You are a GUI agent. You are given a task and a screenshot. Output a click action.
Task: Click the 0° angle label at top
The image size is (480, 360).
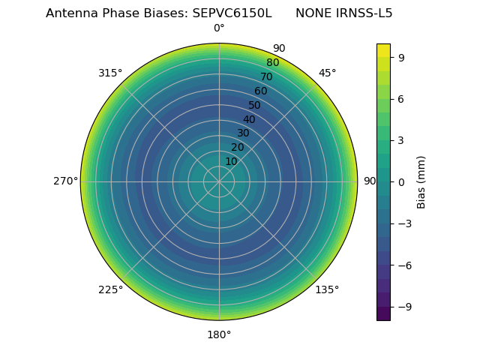(x=219, y=28)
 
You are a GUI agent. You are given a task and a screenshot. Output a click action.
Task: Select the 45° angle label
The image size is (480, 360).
(x=327, y=73)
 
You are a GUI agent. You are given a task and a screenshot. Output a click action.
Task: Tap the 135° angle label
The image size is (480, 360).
(x=327, y=289)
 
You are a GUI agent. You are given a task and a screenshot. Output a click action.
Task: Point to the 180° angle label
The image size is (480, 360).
(x=219, y=334)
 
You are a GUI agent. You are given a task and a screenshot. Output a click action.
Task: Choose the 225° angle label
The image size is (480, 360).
(x=110, y=289)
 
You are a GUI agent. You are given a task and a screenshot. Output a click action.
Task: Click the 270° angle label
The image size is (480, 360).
(x=65, y=181)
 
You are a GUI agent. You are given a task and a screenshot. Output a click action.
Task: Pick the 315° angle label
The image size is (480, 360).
(x=110, y=73)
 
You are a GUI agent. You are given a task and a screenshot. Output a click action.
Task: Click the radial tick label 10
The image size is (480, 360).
(x=231, y=161)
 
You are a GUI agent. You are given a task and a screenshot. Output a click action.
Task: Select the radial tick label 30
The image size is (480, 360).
(x=243, y=133)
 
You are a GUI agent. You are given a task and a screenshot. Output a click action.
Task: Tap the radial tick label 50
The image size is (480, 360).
(x=255, y=106)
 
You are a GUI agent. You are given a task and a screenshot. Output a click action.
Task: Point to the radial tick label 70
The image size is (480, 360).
(x=266, y=77)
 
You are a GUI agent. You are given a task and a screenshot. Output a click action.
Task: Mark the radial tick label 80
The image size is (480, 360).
(x=272, y=63)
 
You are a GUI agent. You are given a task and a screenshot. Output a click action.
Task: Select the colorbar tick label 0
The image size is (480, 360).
(x=401, y=181)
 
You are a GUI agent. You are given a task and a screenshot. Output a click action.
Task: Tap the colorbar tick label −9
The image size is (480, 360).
(x=404, y=307)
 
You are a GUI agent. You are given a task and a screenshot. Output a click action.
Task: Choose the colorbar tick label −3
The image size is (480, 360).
(x=404, y=223)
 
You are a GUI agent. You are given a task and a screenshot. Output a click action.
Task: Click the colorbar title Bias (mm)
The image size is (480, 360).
(x=421, y=181)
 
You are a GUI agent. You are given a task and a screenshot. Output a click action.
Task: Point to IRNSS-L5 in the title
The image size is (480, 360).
(x=363, y=13)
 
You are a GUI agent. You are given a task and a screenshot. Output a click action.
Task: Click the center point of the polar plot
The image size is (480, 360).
(x=219, y=181)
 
